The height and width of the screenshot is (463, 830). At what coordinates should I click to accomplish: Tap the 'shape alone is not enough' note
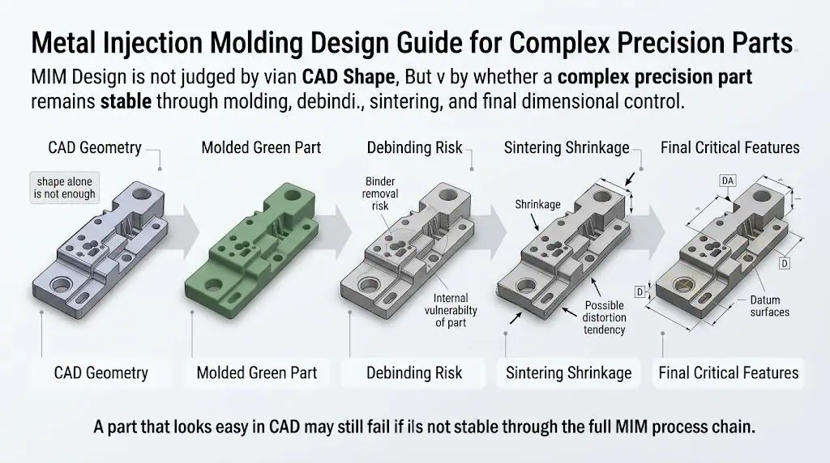(65, 188)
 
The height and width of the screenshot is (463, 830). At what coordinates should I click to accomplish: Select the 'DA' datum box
(728, 181)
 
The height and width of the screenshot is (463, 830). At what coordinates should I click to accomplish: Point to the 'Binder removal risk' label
(380, 193)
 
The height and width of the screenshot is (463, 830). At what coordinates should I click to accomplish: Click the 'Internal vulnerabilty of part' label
(451, 310)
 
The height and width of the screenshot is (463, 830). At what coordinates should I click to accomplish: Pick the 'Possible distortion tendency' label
(604, 317)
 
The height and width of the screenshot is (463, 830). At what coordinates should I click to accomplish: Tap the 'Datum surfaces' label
(770, 306)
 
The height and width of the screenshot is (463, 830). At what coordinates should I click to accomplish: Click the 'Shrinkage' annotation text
(537, 205)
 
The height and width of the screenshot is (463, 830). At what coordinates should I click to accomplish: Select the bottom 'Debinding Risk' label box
(414, 373)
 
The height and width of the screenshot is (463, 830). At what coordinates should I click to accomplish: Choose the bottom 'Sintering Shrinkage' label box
(568, 373)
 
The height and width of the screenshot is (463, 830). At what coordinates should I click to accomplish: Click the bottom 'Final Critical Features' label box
(729, 373)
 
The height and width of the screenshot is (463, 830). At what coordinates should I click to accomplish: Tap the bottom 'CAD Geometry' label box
(101, 373)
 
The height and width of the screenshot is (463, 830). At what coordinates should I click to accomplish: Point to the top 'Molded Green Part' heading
(261, 147)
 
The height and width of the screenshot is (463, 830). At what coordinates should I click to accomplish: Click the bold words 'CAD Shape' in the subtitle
(349, 77)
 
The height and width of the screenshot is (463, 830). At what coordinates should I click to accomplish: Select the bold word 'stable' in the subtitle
(126, 101)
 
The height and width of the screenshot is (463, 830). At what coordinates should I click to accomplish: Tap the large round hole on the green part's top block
(293, 194)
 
